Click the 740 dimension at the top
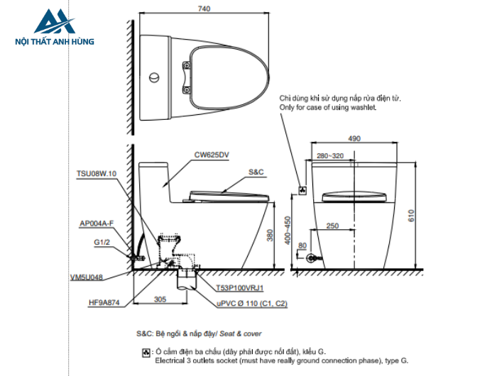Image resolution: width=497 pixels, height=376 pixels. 204,9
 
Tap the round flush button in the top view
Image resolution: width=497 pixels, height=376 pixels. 154,77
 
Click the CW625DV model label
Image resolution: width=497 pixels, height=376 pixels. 212,155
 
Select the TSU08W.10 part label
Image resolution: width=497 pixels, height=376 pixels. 97,174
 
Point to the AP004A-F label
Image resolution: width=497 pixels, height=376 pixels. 97,223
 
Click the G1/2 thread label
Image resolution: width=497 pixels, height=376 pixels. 102,243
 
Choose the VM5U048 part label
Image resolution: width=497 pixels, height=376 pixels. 87,277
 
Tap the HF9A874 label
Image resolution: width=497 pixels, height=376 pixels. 104,302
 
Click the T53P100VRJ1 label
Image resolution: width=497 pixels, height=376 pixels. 240,288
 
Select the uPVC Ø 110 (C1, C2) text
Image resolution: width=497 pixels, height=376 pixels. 252,304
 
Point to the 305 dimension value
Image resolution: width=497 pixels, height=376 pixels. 160,299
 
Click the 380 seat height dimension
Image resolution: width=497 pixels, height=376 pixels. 270,235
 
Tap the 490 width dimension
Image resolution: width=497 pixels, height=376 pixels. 354,138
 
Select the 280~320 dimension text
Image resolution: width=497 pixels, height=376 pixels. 330,156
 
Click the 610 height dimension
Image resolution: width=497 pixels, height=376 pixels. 411,216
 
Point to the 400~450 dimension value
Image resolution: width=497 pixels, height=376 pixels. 288,231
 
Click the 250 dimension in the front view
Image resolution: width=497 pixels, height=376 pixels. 332,226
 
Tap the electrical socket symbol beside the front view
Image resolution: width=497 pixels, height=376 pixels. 302,190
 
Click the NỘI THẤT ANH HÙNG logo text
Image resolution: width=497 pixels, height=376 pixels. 55,41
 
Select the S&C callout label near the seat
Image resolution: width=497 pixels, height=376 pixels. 256,172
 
